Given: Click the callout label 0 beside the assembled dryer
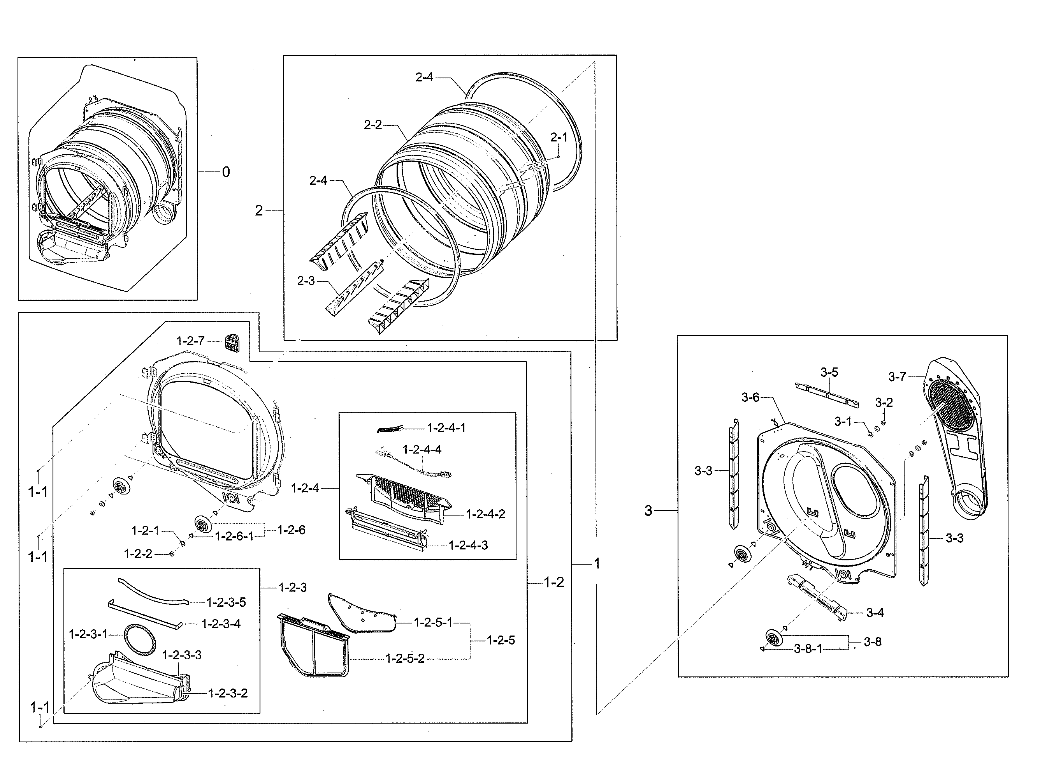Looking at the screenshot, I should (x=226, y=172).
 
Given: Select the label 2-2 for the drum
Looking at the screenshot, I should (x=373, y=125).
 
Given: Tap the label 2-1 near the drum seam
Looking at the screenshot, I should (x=559, y=138).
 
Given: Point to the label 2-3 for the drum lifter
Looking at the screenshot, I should (x=306, y=281).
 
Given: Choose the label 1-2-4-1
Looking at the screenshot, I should (x=446, y=428).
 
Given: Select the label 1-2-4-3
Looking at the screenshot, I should (x=468, y=546).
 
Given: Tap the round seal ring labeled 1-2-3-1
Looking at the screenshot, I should (x=140, y=640).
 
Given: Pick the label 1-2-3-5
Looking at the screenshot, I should (x=226, y=602).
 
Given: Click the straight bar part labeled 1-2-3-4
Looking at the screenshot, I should (x=146, y=612).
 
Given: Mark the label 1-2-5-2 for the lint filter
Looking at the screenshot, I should (x=405, y=659).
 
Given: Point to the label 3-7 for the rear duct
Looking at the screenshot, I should (x=897, y=376).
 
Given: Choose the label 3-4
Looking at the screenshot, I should (x=875, y=613).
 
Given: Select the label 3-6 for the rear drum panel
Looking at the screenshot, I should (x=750, y=397).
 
